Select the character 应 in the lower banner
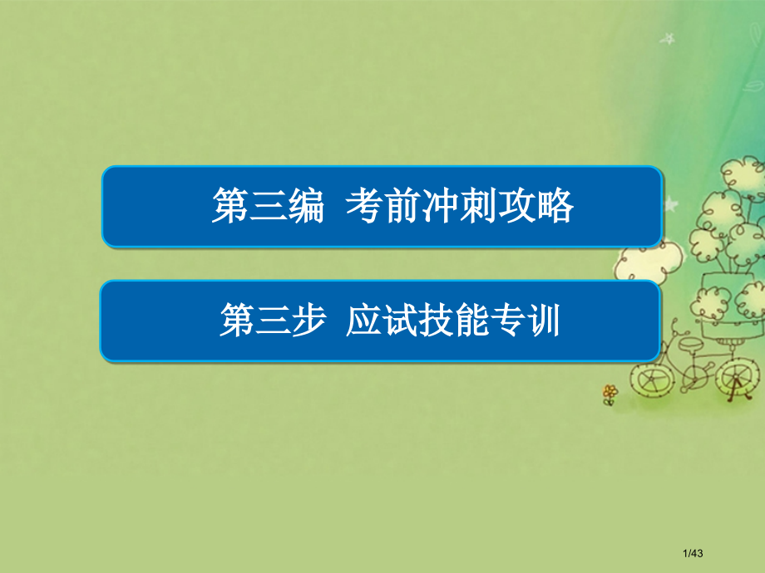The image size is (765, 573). coord(364,320)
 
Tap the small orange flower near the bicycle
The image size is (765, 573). coord(610,391)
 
